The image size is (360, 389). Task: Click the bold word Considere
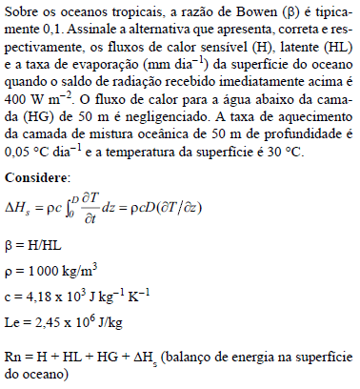coord(35,178)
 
